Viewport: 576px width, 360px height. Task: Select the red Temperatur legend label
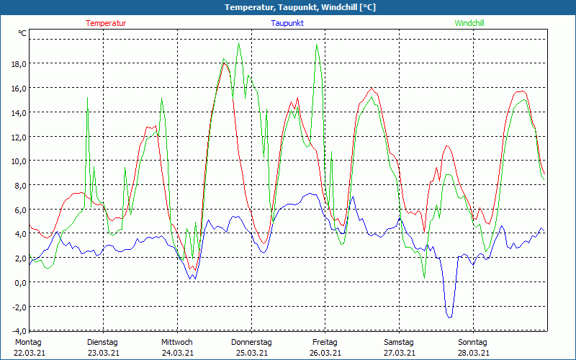(106, 23)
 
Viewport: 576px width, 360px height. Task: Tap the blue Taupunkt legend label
(287, 23)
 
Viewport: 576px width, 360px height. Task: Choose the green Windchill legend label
(469, 23)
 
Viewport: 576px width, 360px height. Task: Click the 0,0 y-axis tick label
(19, 282)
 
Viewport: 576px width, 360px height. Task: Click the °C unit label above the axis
(22, 33)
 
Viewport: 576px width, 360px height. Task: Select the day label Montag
(28, 342)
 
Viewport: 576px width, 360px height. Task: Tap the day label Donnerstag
(251, 342)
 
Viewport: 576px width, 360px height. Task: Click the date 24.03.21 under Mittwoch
(177, 353)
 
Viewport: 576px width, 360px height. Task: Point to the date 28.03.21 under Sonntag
(474, 353)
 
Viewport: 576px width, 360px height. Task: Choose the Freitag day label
(325, 342)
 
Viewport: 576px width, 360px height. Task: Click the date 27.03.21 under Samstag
(400, 353)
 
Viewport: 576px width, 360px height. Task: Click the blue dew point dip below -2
(449, 316)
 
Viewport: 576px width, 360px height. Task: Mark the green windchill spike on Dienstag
(88, 99)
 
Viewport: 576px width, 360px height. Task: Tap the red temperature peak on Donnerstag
(225, 63)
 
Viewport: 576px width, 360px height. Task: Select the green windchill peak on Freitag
(316, 45)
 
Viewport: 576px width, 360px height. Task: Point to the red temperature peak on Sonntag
(521, 91)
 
